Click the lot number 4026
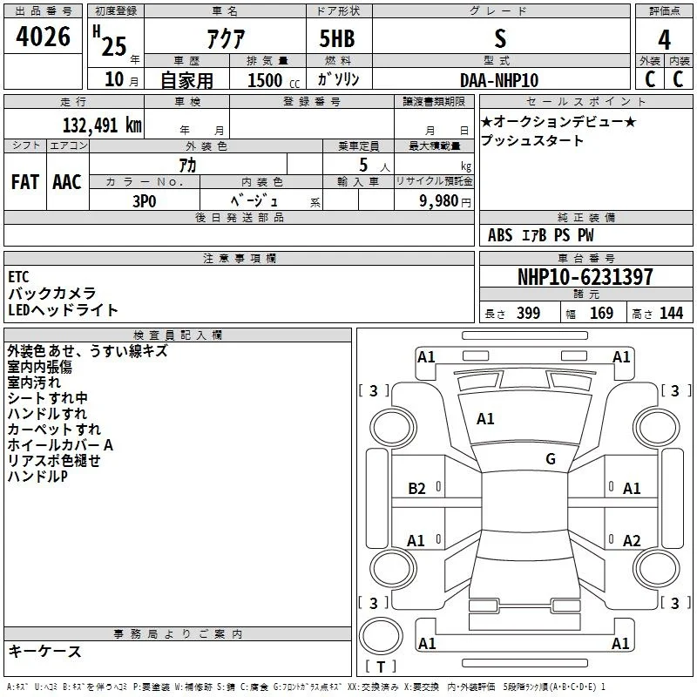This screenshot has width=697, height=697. click(x=43, y=37)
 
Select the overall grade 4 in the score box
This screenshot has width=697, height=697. click(x=664, y=39)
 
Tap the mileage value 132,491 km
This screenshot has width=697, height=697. click(x=102, y=125)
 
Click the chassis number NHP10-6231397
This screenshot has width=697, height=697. click(x=585, y=277)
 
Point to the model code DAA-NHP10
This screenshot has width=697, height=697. click(x=499, y=80)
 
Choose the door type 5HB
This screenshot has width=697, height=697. click(x=337, y=38)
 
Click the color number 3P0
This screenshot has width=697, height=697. click(x=145, y=201)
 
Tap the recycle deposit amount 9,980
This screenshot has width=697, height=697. click(x=439, y=201)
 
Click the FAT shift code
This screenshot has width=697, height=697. click(x=25, y=182)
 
